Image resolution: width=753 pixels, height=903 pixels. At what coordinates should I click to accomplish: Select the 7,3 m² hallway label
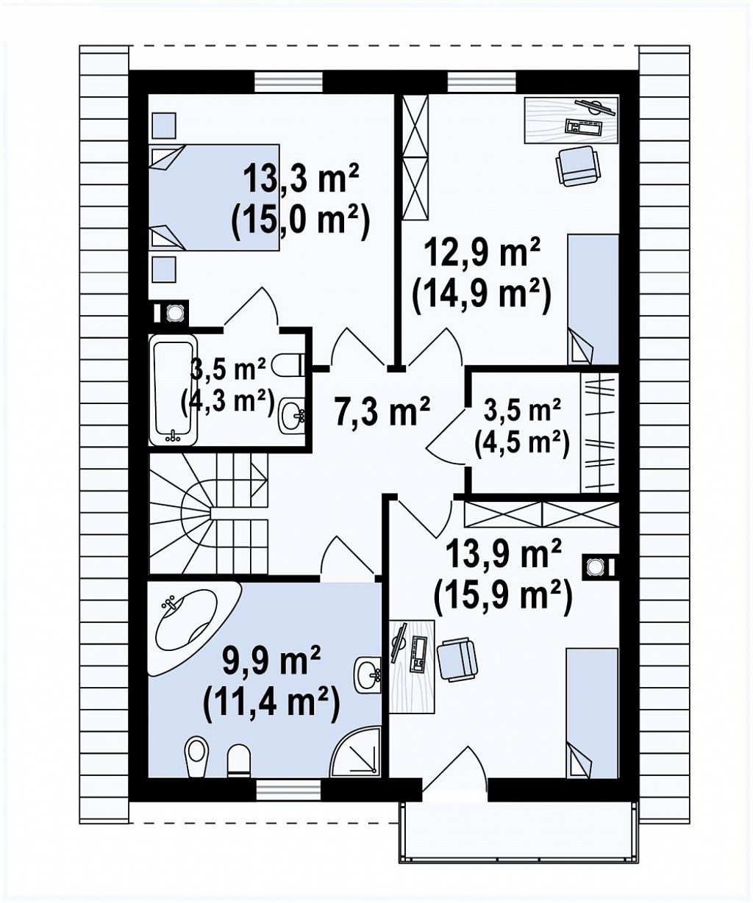click(x=382, y=413)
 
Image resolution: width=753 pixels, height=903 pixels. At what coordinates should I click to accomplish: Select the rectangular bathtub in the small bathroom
click(x=173, y=393)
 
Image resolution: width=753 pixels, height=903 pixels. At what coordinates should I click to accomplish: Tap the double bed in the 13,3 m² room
click(x=214, y=198)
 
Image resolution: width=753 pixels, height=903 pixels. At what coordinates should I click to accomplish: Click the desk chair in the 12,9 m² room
click(x=578, y=165)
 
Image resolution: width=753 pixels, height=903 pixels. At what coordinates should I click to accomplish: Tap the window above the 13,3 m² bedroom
click(x=289, y=82)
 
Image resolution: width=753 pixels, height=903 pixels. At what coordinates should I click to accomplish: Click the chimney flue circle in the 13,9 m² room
click(x=595, y=566)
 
